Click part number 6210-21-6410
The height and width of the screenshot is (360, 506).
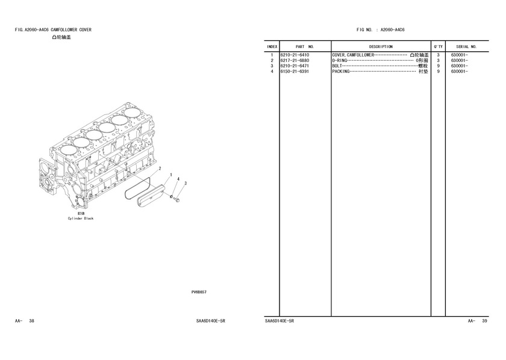click(x=295, y=55)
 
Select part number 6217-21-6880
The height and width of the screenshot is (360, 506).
click(x=295, y=61)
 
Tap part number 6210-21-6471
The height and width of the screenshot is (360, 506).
click(x=295, y=66)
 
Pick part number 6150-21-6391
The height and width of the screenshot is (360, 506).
click(x=295, y=72)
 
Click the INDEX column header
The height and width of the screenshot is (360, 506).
click(x=272, y=47)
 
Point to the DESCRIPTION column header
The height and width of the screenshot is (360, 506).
click(x=381, y=47)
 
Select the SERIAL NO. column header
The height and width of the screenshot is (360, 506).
click(x=466, y=47)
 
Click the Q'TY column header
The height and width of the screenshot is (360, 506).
click(x=439, y=47)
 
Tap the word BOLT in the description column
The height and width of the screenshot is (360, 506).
click(x=337, y=66)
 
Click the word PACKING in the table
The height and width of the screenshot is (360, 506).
click(x=341, y=72)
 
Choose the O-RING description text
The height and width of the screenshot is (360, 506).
click(x=340, y=61)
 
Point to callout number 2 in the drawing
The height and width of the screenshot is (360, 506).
click(x=160, y=169)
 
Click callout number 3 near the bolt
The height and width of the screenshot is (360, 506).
click(x=186, y=184)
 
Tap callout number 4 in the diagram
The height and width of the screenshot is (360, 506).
click(x=178, y=179)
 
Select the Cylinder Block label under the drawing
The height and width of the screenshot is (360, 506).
click(x=80, y=219)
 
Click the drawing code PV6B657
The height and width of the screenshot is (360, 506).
click(x=199, y=292)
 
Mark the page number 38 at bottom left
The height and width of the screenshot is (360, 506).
click(x=31, y=321)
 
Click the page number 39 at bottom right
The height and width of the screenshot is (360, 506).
click(x=484, y=321)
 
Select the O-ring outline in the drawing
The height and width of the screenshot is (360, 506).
click(x=125, y=194)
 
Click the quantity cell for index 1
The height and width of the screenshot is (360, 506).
click(x=439, y=55)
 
